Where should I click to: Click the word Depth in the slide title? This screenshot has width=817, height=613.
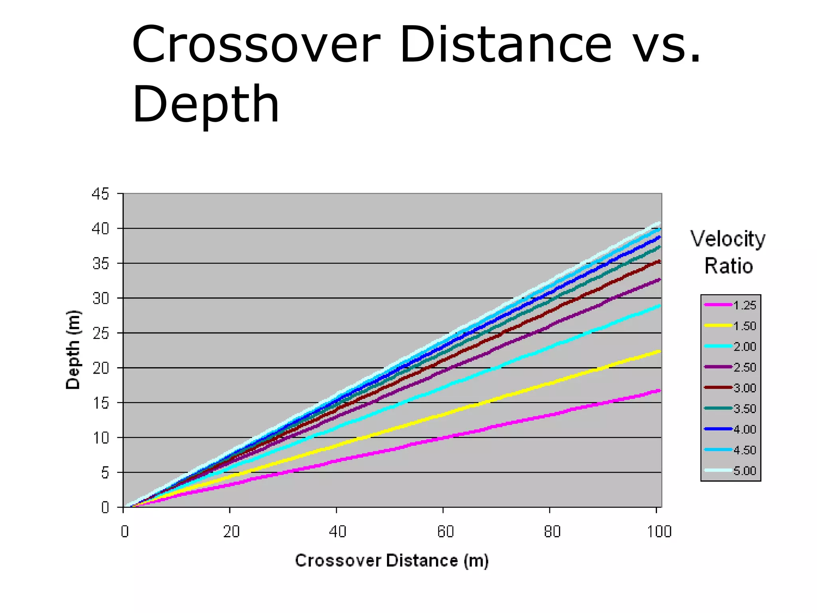tap(205, 105)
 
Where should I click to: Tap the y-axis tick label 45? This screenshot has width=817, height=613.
tap(100, 194)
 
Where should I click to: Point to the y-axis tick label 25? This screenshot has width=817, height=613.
tap(100, 333)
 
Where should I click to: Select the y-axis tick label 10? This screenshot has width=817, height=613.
tap(100, 438)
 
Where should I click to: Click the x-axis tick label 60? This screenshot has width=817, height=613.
tap(445, 532)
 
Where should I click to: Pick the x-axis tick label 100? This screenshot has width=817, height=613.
tap(659, 532)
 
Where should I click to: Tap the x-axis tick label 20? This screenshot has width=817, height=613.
tap(231, 532)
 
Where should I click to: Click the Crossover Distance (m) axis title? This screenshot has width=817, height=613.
tap(392, 561)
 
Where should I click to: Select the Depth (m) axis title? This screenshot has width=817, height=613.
tap(73, 350)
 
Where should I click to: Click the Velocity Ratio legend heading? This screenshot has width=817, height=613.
tap(728, 252)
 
